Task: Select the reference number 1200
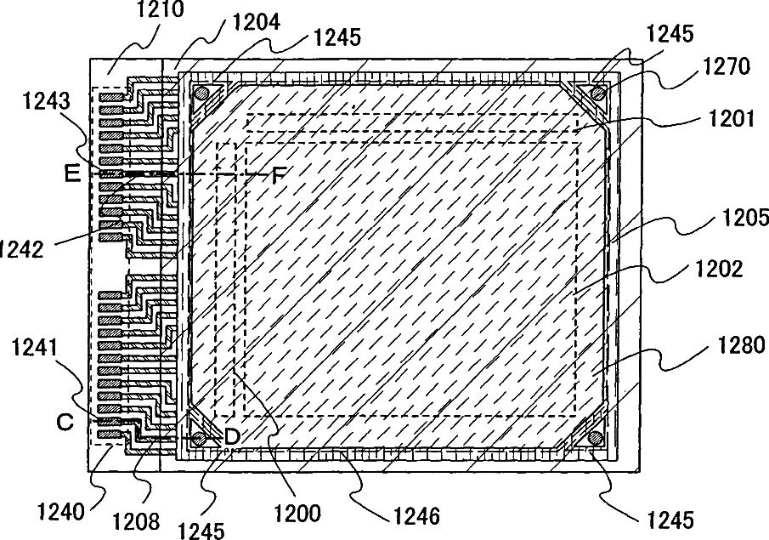click(297, 513)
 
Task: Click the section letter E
click(73, 174)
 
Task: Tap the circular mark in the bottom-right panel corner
click(595, 438)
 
